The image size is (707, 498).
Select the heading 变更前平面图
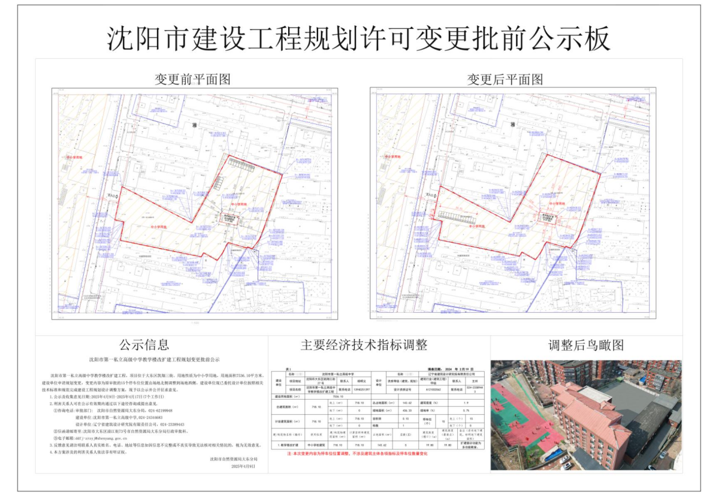[x=192, y=79]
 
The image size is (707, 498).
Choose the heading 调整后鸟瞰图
[x=585, y=345]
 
